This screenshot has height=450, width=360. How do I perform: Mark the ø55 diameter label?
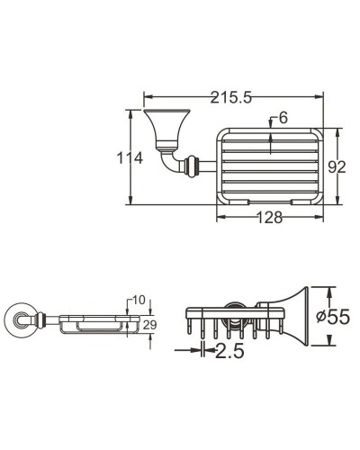334,318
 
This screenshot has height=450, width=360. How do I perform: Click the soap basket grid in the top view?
268,165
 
